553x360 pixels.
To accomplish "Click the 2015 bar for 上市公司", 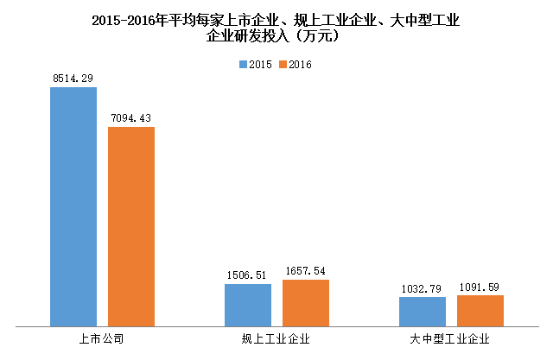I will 73,207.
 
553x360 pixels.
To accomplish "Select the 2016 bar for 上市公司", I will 130,227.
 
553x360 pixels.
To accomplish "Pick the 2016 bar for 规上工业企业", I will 305,303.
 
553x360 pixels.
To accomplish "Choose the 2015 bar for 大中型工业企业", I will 423,312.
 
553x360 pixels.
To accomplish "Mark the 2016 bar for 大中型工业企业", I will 480,311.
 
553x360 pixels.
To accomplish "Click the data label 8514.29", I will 73,79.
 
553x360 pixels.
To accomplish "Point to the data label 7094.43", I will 130,118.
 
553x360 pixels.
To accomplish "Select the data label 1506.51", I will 248,275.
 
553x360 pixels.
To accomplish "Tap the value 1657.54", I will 305,271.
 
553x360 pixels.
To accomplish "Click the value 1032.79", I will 423,288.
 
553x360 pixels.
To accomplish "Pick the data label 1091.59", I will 480,287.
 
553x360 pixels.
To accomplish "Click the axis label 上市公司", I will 101,338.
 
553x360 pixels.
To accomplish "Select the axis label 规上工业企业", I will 276,338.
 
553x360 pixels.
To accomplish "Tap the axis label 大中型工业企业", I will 450,338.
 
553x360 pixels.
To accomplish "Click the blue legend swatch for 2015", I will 243,65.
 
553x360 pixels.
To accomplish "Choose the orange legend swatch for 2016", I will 282,65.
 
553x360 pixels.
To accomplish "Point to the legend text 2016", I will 300,65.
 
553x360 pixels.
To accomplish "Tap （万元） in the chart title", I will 321,36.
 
